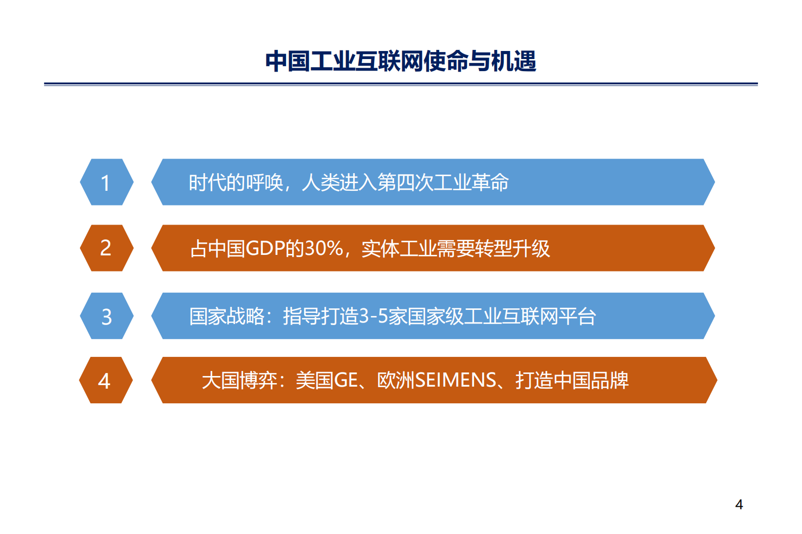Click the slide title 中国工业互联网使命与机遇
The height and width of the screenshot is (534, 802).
point(400,62)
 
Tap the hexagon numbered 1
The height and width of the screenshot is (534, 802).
point(106,182)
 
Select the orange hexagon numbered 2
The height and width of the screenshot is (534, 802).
point(106,248)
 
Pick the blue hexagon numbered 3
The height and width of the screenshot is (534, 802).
point(106,316)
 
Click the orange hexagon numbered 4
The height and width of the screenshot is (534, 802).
point(105,380)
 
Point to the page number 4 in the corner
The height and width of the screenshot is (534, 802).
point(739,504)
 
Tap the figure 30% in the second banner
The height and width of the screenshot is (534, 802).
point(324,248)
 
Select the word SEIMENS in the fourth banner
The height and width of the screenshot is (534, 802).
point(456,380)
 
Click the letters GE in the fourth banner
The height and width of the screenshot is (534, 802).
point(346,380)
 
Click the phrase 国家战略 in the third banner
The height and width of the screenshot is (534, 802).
point(227,316)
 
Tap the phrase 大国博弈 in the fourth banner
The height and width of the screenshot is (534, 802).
point(240,380)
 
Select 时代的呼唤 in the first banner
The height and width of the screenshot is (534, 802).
point(236,182)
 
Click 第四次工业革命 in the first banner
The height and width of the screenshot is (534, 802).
point(443,182)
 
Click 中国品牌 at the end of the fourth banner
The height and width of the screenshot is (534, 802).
point(591,380)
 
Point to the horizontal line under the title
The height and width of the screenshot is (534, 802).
point(400,84)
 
